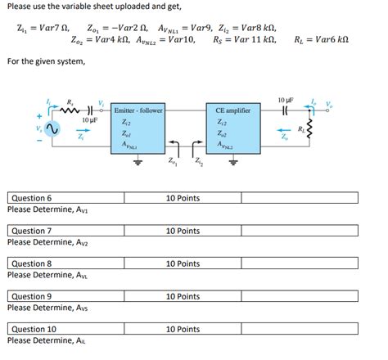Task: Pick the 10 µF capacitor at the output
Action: (282, 107)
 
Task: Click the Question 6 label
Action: (31, 198)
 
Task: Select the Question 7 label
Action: (31, 231)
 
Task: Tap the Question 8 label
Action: (31, 263)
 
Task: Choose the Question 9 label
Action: (31, 296)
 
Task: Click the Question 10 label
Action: (34, 329)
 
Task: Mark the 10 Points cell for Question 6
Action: (183, 198)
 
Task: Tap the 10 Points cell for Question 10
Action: (183, 329)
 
